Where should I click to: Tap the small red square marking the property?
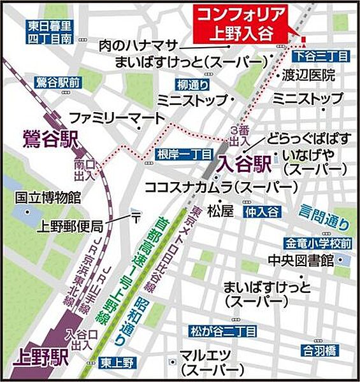(x=304, y=41)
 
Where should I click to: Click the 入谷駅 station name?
(x=245, y=164)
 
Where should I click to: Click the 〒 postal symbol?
(x=135, y=218)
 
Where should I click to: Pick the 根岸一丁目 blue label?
(x=175, y=154)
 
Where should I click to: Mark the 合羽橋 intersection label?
(x=319, y=350)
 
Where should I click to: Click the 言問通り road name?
(x=326, y=218)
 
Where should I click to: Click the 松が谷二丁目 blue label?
(x=223, y=331)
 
